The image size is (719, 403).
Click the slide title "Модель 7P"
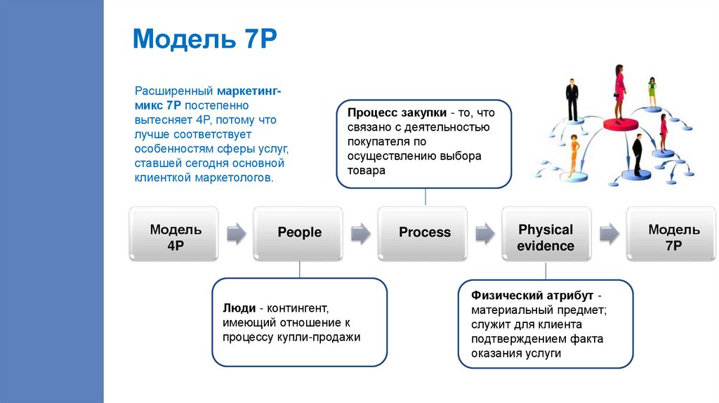coord(205,39)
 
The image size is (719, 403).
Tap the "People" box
coord(299,232)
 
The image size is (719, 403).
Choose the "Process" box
coord(424,232)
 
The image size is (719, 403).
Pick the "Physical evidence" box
coord(546,237)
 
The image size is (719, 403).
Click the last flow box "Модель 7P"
coord(673,237)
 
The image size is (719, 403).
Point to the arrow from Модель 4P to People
coord(237,233)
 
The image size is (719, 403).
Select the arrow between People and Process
coord(360,233)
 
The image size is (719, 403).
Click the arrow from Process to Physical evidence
coord(484,233)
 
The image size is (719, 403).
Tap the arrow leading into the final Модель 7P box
coord(608,233)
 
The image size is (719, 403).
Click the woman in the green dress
coord(652,91)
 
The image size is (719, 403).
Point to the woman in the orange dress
coord(574,154)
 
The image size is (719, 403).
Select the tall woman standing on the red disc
coord(620,92)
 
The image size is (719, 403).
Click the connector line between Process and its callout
coord(425,197)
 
